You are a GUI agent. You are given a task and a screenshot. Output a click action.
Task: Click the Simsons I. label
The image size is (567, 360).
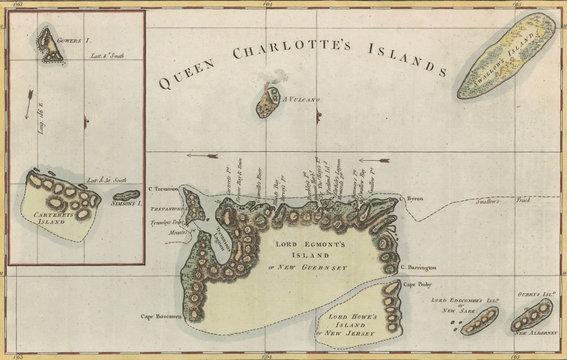[x=126, y=205]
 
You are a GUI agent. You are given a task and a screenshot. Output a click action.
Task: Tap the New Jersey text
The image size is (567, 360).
[x=352, y=338]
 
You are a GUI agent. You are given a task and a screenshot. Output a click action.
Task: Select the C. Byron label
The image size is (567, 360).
[x=414, y=199]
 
